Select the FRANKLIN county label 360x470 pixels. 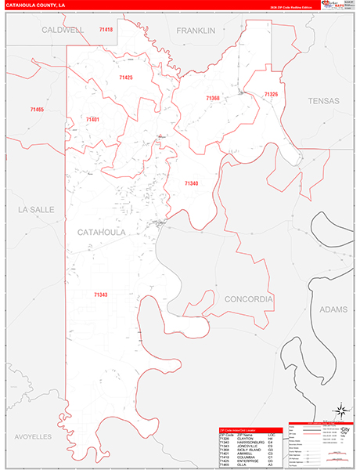point(195,31)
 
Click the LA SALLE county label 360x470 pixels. point(34,210)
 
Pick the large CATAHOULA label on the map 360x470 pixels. point(103,233)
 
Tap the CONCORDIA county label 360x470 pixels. point(248,299)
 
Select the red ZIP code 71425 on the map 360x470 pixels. point(125,78)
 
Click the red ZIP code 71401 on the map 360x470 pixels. point(92,119)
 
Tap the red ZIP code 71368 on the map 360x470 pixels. point(213,98)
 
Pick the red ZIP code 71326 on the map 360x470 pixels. point(271,94)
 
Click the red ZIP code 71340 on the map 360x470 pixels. point(192,183)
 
